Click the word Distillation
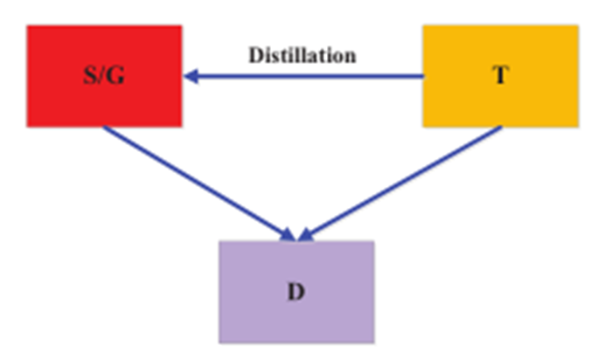click(302, 55)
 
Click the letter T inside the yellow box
click(500, 76)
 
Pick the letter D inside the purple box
click(296, 290)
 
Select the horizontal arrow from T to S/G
click(306, 77)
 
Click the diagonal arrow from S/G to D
click(197, 182)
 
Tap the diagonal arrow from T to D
click(402, 182)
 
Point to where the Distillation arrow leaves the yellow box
click(422, 77)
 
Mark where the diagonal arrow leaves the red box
click(105, 128)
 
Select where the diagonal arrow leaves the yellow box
click(500, 128)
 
